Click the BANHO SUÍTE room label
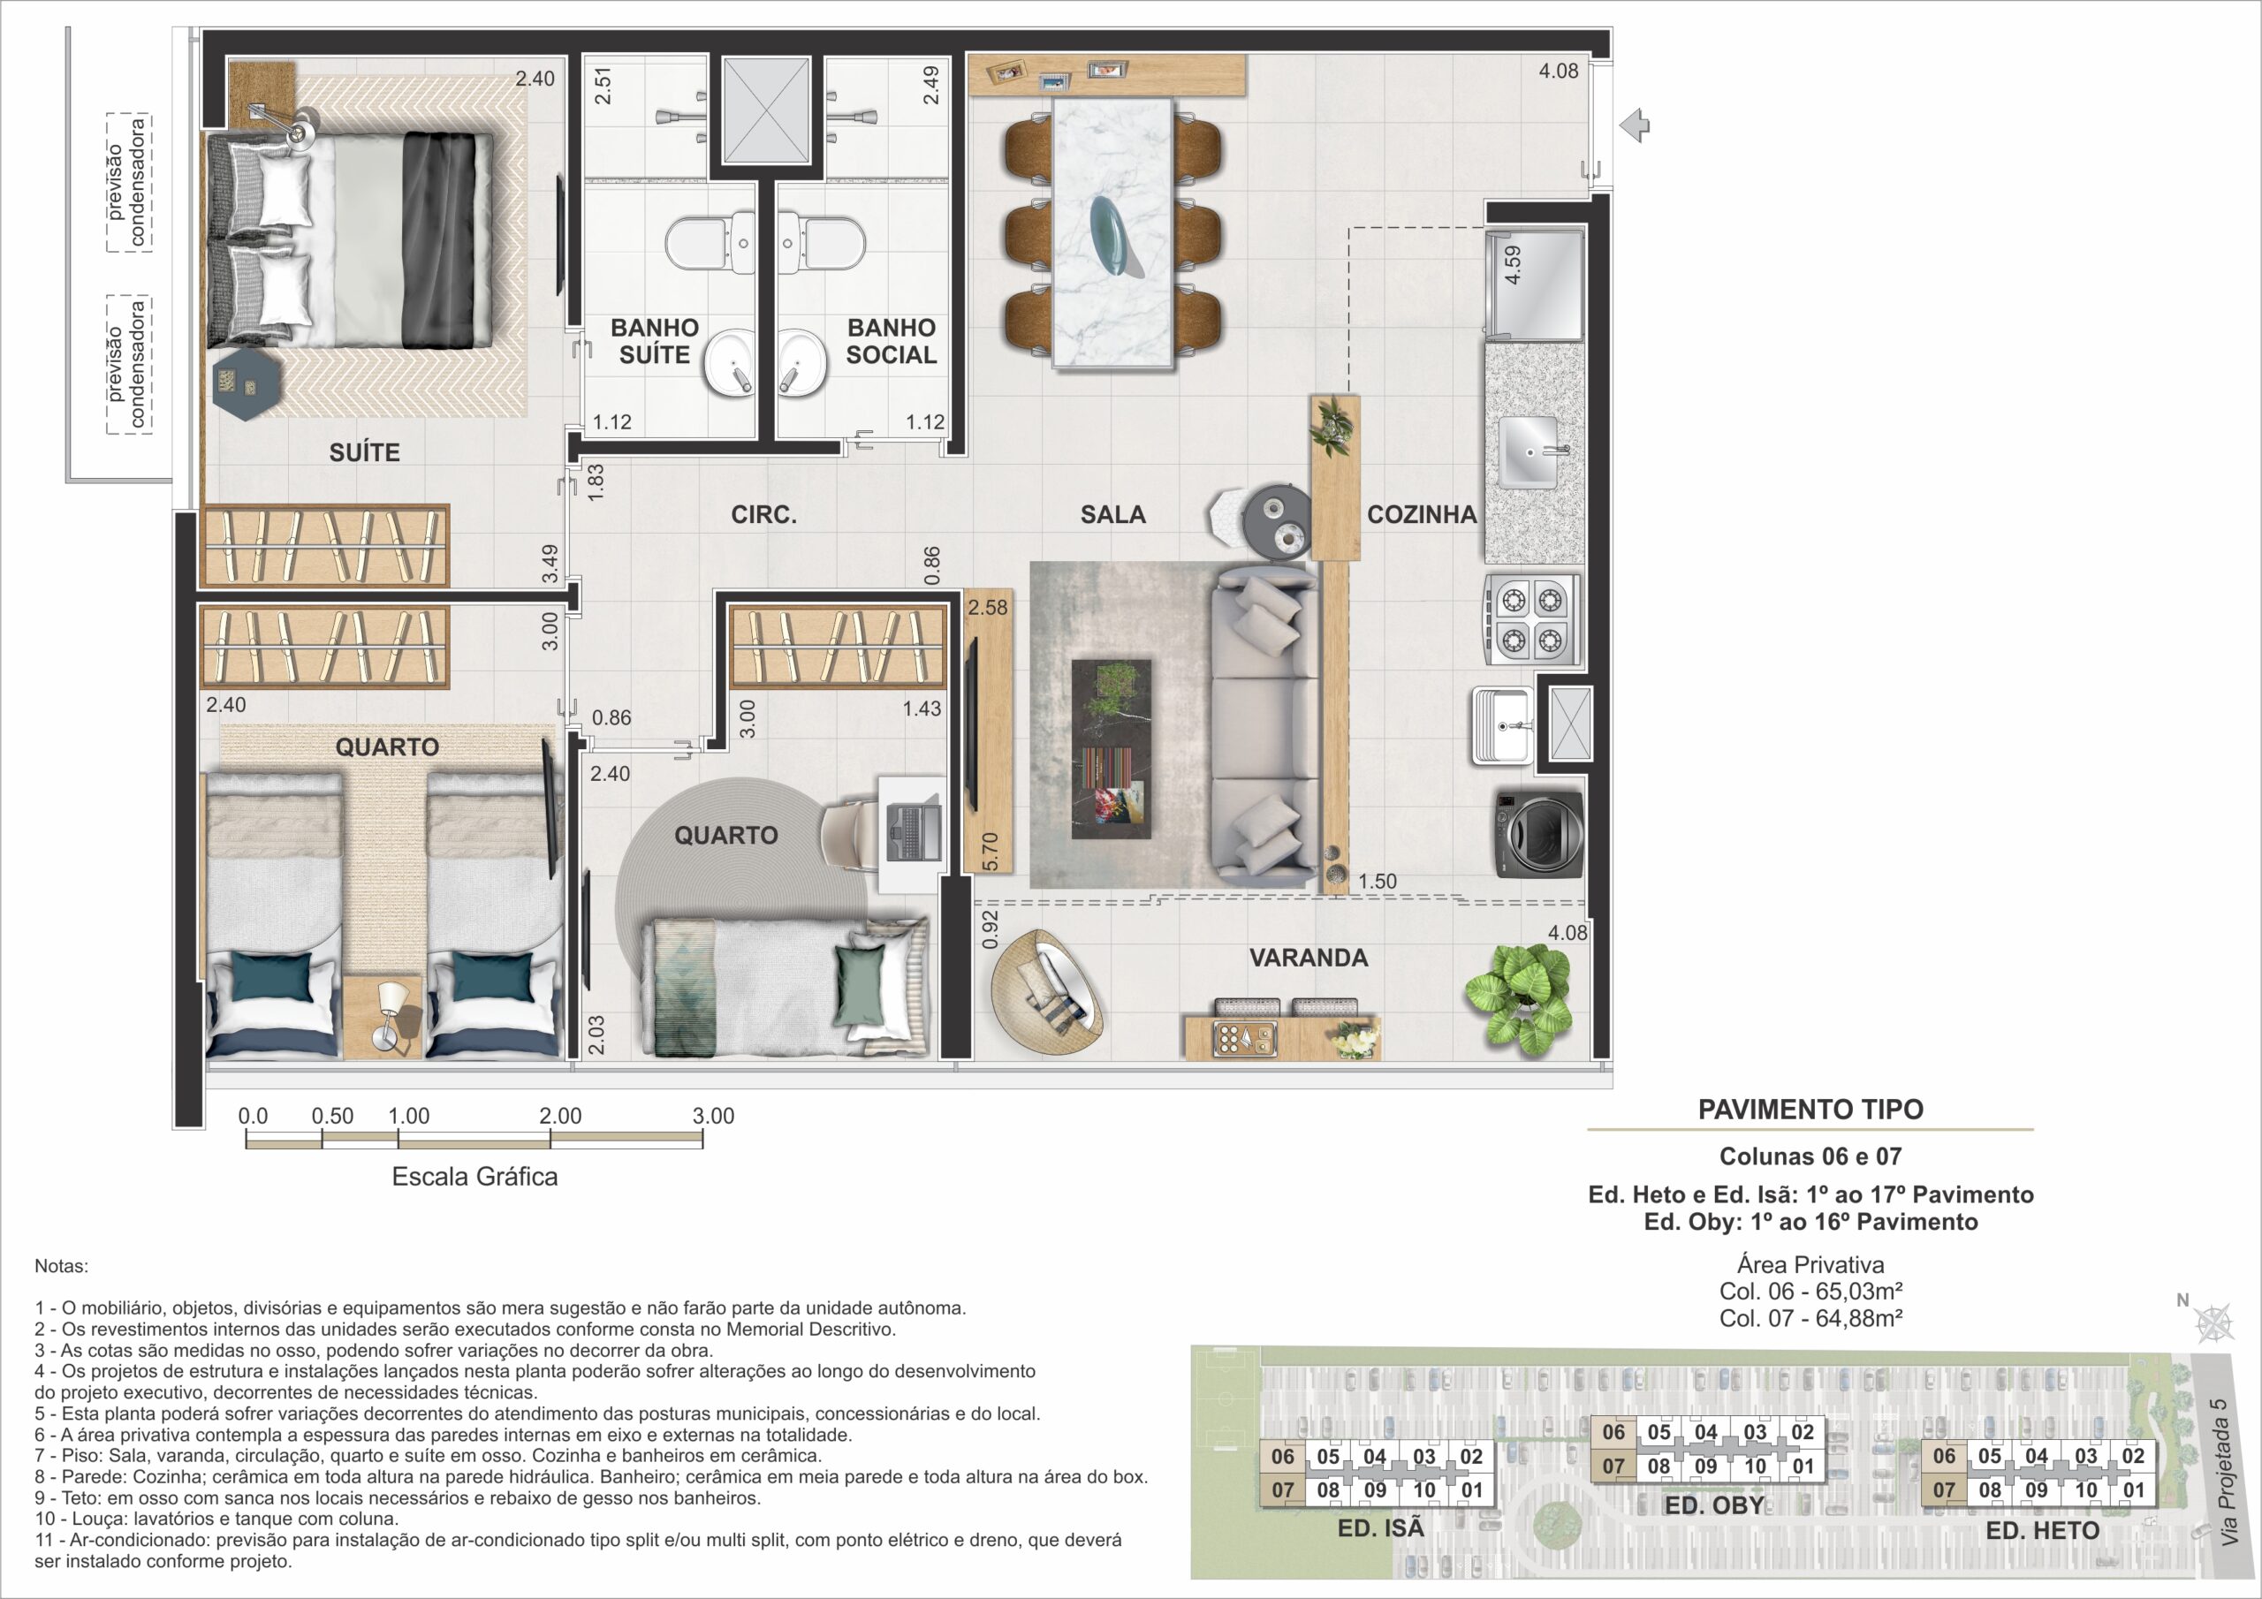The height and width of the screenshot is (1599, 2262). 654,341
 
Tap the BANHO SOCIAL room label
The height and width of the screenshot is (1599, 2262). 891,341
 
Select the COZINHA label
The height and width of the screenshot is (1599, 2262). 1422,514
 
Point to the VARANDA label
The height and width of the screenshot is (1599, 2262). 1309,958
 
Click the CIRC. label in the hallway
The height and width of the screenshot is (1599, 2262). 763,514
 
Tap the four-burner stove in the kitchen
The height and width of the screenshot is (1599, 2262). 1531,619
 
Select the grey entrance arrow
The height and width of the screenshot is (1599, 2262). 1635,126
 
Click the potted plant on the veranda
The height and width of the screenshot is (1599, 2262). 1518,997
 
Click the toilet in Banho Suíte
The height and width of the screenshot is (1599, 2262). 710,243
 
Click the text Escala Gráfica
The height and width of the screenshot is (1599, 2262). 474,1177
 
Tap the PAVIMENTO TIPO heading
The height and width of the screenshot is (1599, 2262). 1810,1110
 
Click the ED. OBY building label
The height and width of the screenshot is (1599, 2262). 1714,1505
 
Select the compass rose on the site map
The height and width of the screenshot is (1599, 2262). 2214,1322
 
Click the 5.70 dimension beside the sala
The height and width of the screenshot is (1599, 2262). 991,852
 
